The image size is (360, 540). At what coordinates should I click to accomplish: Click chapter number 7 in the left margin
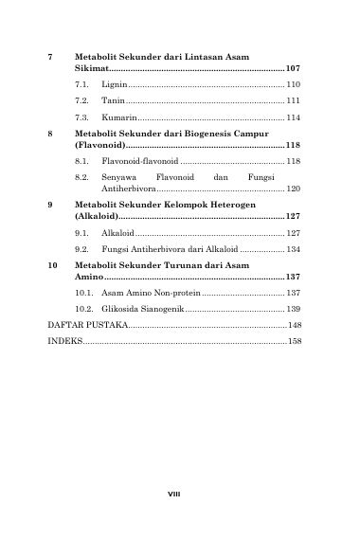pyautogui.click(x=50, y=58)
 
